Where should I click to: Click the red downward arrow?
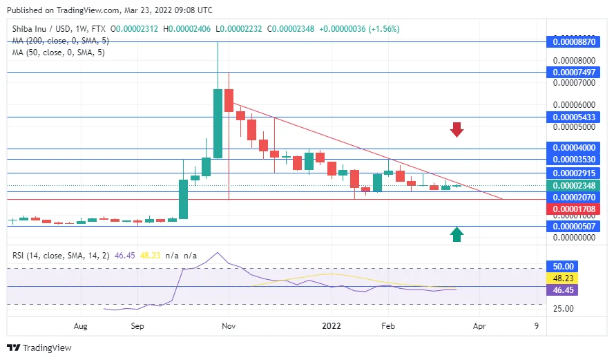[456, 129]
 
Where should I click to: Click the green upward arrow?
[456, 234]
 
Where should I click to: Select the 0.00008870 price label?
[572, 41]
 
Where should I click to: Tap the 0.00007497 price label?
[572, 72]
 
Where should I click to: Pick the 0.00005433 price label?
[572, 117]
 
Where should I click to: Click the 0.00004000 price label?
[572, 148]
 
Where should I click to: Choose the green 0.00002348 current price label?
[572, 185]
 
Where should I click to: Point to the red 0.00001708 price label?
[572, 208]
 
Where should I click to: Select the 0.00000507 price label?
[572, 226]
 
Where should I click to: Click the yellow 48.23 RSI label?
[561, 278]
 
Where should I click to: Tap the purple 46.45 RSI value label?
[561, 290]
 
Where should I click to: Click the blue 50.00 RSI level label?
[561, 266]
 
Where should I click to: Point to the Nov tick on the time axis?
[229, 324]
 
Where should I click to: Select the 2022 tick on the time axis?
[332, 324]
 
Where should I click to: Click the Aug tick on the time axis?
[81, 324]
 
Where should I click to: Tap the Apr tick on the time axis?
[479, 324]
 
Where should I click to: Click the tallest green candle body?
[218, 124]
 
